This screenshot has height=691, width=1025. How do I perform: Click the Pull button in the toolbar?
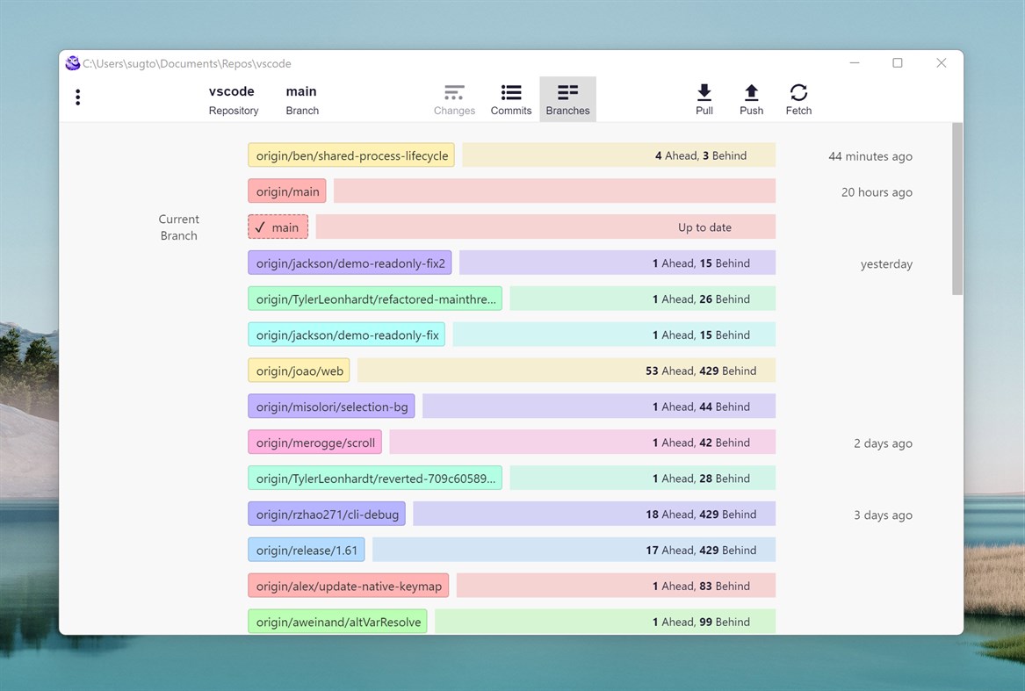(x=704, y=99)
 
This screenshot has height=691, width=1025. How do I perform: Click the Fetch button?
(x=798, y=99)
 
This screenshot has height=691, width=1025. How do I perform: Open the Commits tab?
(x=511, y=99)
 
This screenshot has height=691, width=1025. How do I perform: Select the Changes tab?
(x=454, y=99)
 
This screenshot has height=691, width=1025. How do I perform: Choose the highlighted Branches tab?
(x=567, y=99)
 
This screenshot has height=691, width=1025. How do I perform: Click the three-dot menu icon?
(x=78, y=97)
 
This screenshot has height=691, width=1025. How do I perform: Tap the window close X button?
(x=941, y=63)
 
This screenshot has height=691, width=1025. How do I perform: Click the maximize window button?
(x=898, y=63)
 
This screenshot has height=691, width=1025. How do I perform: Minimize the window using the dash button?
(x=855, y=63)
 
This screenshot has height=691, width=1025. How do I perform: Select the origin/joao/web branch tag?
(x=299, y=371)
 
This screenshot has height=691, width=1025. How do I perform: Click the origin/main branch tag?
(x=287, y=191)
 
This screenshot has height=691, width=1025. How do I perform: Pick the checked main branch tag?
(x=278, y=227)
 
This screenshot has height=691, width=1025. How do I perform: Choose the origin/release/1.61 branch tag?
(x=307, y=551)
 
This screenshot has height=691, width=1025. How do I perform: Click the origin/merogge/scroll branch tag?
(x=315, y=443)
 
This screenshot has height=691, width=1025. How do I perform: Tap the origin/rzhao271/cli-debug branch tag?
(x=327, y=515)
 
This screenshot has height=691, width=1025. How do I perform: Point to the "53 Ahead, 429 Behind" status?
(x=700, y=371)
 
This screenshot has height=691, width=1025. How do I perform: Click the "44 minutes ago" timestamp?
(x=870, y=156)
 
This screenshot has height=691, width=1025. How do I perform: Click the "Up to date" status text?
(x=704, y=227)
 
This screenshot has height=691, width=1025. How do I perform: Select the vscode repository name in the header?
(x=232, y=91)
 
